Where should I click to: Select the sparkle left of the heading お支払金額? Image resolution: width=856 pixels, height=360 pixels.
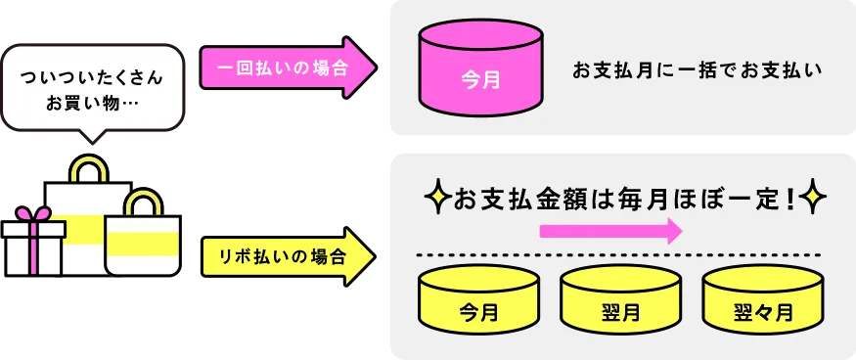tap(436, 200)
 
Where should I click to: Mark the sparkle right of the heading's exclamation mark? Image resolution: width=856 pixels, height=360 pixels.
tap(813, 200)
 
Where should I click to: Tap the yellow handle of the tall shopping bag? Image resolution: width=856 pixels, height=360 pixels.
tap(87, 167)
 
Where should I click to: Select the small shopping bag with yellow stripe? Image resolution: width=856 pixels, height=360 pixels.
tap(143, 245)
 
